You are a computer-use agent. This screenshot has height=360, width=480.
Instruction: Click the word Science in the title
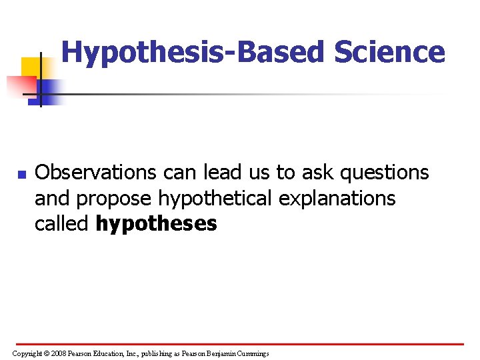point(390,52)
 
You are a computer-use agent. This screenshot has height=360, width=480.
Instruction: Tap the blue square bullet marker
point(21,175)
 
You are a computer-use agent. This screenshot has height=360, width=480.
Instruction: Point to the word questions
point(384,173)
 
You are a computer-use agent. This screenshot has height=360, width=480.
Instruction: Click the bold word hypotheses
point(157,223)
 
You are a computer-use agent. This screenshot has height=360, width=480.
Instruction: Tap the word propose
point(117,198)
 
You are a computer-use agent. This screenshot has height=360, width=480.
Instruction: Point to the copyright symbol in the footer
point(46,353)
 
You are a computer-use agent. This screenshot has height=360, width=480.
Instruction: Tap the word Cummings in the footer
point(249,353)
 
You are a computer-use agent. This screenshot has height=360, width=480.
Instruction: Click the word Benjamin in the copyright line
point(211,353)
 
